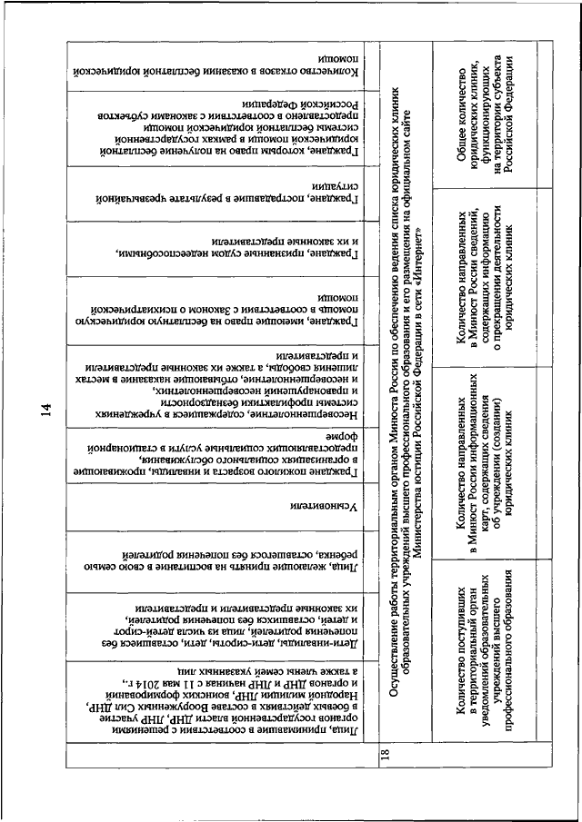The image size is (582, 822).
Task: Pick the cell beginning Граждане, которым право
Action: (218, 132)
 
